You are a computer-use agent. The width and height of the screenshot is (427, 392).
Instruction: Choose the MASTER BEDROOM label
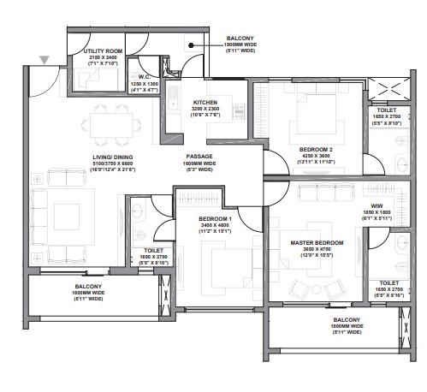(317, 243)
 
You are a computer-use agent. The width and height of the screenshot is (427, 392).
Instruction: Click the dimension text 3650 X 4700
(317, 250)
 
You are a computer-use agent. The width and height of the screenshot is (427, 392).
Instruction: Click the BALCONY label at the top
(239, 39)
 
